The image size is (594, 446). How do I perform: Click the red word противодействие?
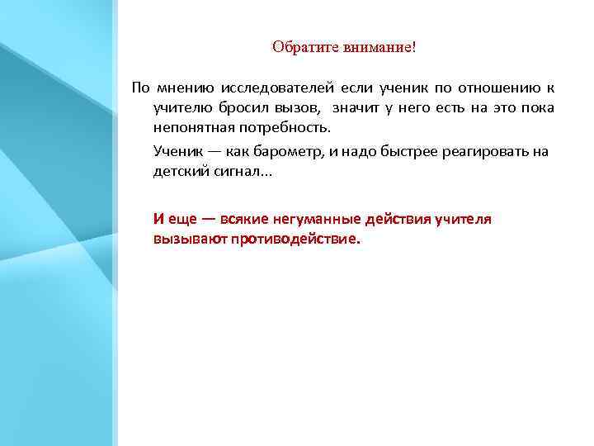click(x=295, y=240)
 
